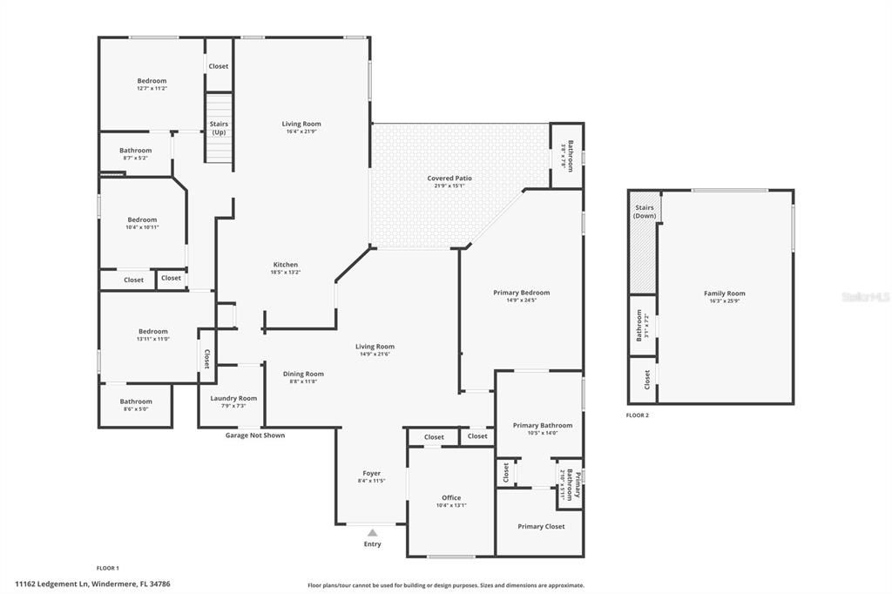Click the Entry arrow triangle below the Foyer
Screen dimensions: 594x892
click(x=372, y=532)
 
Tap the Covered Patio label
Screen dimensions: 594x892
click(x=449, y=179)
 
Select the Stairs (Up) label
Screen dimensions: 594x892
click(x=219, y=128)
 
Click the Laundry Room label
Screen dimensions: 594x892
click(x=233, y=398)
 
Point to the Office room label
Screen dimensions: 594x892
click(x=451, y=498)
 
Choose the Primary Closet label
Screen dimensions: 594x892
click(x=541, y=526)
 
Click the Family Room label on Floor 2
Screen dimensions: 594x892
click(x=725, y=294)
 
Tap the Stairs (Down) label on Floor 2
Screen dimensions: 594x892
click(x=644, y=212)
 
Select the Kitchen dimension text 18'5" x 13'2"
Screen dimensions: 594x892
click(x=286, y=273)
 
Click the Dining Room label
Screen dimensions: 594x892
click(x=303, y=374)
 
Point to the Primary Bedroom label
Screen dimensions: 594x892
click(x=523, y=293)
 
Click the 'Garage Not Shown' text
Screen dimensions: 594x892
click(x=255, y=435)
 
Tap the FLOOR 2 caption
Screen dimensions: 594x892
click(x=638, y=415)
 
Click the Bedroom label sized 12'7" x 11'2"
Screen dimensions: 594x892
click(x=152, y=81)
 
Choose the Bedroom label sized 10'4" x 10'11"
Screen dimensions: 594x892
click(x=142, y=219)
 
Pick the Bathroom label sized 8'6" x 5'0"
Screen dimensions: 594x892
click(x=136, y=402)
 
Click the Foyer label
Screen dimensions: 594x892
click(x=371, y=474)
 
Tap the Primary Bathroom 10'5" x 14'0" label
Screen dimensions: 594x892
click(x=543, y=425)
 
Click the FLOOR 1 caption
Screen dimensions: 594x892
click(x=107, y=568)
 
